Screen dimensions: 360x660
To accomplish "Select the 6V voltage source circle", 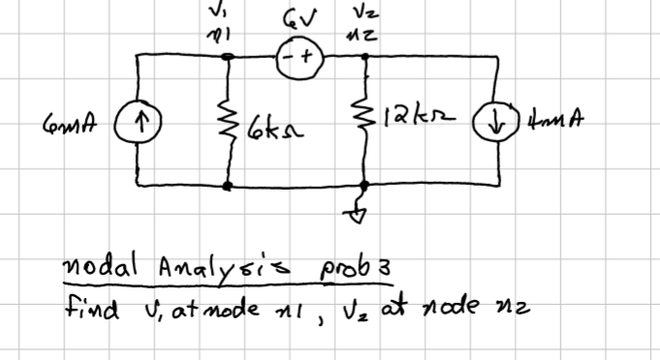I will point(295,57).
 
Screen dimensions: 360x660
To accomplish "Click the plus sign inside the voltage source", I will point(305,57).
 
